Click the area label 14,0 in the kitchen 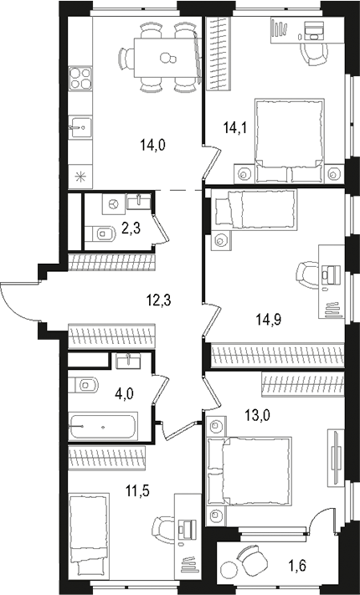[x=153, y=145]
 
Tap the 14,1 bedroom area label [x=234, y=128]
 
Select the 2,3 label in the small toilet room [x=130, y=225]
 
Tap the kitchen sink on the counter [x=81, y=128]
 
